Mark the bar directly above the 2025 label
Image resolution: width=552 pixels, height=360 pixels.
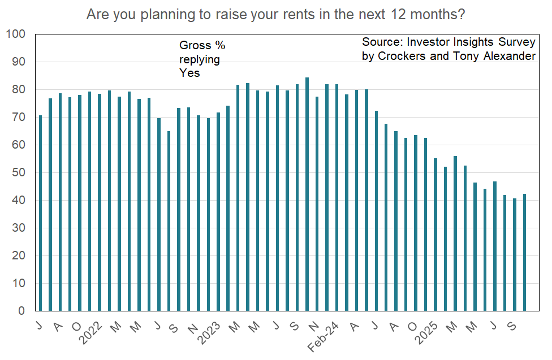tap(435, 235)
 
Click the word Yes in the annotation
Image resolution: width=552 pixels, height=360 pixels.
tap(190, 73)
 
